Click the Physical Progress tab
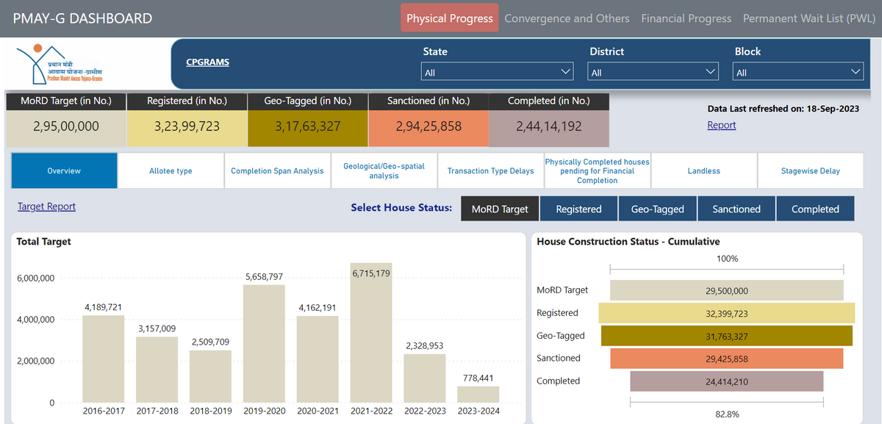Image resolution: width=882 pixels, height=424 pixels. tap(449, 18)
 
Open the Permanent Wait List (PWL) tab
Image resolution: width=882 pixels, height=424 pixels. tap(808, 18)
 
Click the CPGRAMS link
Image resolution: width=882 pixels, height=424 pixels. tap(208, 62)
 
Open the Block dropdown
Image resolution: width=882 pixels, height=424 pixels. tap(798, 72)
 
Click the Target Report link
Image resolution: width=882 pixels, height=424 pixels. tap(46, 206)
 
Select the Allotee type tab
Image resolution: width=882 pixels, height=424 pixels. tap(171, 170)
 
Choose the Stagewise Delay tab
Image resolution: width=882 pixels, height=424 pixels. tap(810, 170)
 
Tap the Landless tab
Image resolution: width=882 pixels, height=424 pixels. tap(703, 170)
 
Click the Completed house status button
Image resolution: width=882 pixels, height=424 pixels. tap(814, 209)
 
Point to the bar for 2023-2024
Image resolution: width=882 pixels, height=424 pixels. tap(478, 395)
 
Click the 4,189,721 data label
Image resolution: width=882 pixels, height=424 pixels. tap(104, 306)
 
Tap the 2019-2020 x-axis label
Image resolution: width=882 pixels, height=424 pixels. tap(264, 411)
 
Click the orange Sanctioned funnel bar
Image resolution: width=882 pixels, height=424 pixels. tap(726, 358)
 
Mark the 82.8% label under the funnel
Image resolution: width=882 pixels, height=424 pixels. tap(727, 414)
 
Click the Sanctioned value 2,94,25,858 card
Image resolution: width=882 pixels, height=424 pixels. tap(429, 126)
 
